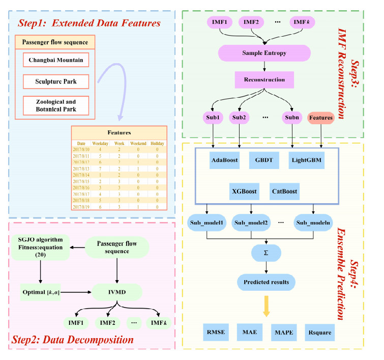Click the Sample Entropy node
tap(264, 53)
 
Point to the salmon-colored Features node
tap(320, 118)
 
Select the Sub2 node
tap(239, 118)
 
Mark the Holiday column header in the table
tap(157, 144)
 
